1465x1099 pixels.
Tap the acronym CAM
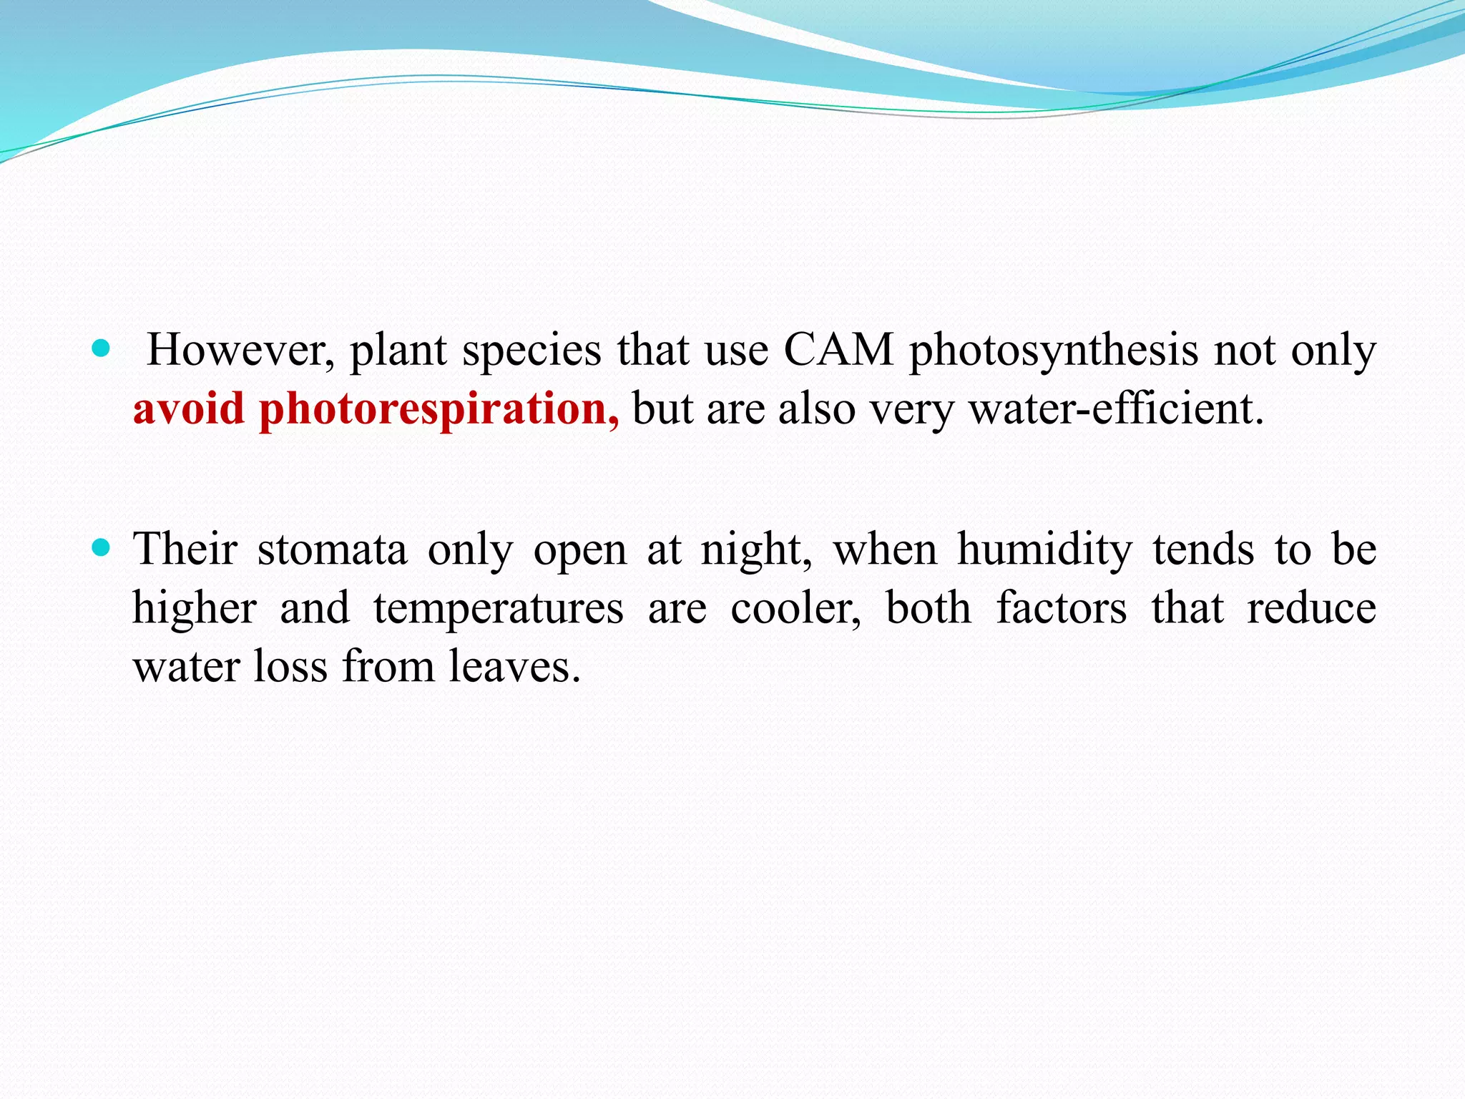pos(838,351)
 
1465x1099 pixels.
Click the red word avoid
pos(189,409)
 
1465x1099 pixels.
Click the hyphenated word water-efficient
pos(1116,409)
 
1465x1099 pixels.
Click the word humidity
pos(1045,551)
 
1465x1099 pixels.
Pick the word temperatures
pos(499,610)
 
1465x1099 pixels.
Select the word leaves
pos(514,667)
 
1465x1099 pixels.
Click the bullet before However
pos(102,349)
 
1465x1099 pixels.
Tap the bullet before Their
pos(102,548)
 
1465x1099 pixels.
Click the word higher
pos(195,610)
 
